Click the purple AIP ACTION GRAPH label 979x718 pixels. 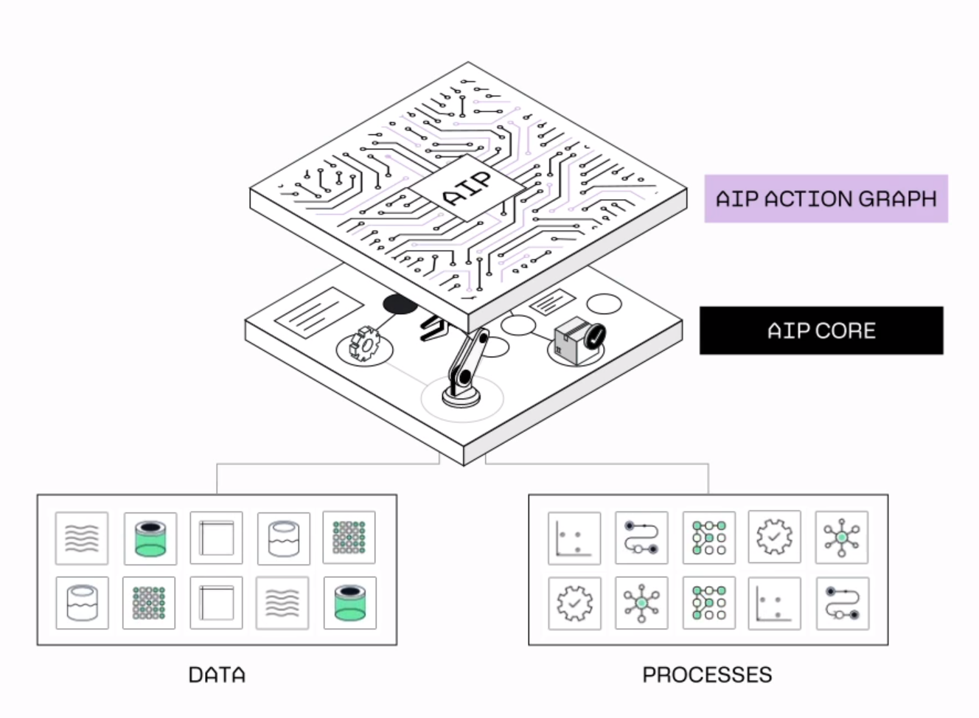tap(826, 198)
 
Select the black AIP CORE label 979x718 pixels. tap(821, 330)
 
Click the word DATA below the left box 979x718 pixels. tap(217, 675)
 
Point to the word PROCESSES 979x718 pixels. tap(707, 675)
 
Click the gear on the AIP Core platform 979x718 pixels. tap(364, 344)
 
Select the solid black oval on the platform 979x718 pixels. tap(400, 304)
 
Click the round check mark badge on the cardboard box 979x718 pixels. tap(593, 337)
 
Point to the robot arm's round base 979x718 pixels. tap(461, 396)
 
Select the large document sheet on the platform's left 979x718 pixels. tap(318, 313)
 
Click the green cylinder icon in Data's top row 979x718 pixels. tap(150, 538)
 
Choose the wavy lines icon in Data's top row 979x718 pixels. tap(82, 538)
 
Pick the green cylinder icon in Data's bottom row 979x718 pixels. tap(350, 602)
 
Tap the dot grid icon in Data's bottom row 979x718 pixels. tap(149, 602)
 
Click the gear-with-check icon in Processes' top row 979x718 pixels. tap(774, 537)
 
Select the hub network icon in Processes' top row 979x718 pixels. tap(841, 537)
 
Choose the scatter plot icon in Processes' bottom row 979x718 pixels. tap(774, 603)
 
